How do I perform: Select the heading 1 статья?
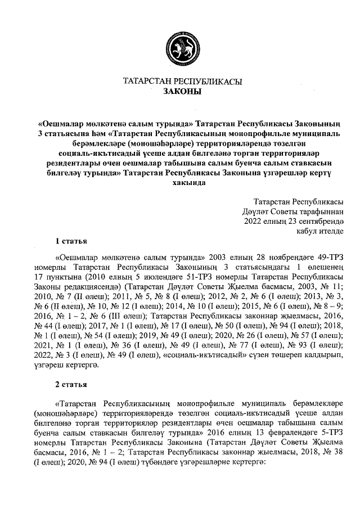71,241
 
